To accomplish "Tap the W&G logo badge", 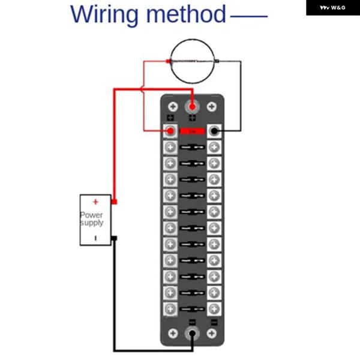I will pos(332,8).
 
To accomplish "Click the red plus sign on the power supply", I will pos(95,202).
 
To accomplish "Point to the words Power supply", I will pos(92,218).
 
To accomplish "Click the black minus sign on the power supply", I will pos(95,238).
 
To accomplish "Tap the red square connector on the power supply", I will pos(114,202).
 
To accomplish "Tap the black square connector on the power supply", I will pos(114,239).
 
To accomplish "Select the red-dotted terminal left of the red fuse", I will pos(170,131).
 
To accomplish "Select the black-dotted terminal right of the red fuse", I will pos(214,131).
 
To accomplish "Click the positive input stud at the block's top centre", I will pos(192,107).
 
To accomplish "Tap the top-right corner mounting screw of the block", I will pos(211,106).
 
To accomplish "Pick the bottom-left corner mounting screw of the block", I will pos(173,334).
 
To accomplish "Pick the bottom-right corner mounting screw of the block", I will pos(211,334).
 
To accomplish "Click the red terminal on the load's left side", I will pos(168,61).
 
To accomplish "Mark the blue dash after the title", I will pos(248,14).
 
